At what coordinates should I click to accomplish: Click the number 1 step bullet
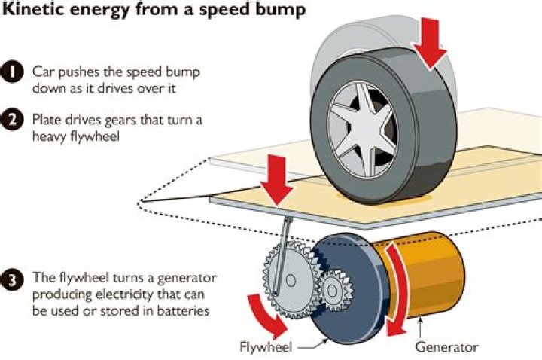coord(13,72)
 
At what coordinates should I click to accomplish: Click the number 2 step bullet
coord(13,121)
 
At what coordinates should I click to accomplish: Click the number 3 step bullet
coord(13,278)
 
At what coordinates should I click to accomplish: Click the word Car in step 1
coord(43,72)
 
